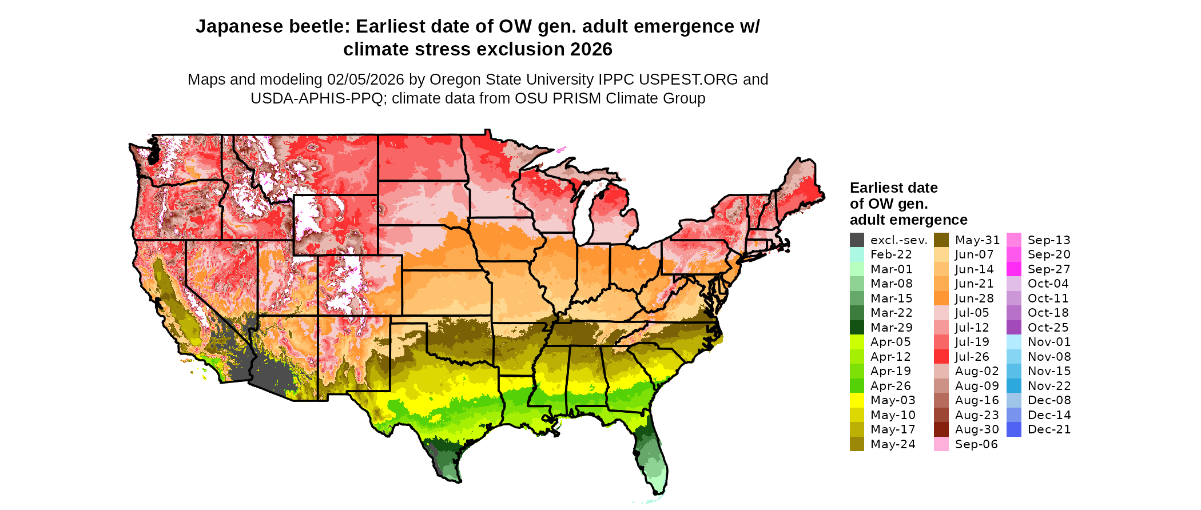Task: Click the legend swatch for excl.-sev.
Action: coord(857,240)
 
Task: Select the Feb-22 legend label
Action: coord(891,254)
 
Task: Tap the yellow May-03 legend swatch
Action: coord(857,400)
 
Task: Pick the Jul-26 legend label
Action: coord(972,357)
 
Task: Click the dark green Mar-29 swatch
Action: coord(857,328)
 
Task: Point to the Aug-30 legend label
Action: coord(977,429)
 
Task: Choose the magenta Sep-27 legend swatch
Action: coord(1013,269)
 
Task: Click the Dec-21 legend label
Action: coord(1049,429)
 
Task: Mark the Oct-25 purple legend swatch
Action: coord(1013,328)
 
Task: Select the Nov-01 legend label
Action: coord(1049,342)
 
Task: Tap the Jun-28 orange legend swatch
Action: coord(941,298)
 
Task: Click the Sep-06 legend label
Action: coord(976,444)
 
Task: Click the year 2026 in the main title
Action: coord(591,49)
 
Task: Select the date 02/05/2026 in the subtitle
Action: coord(365,79)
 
